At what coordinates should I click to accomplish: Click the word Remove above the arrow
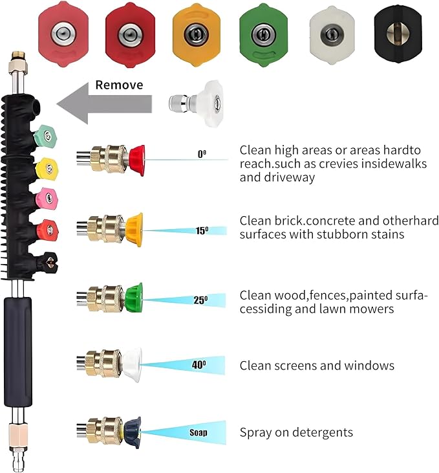point(119,85)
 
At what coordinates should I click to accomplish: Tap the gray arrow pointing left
point(104,104)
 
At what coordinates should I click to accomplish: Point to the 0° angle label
point(202,154)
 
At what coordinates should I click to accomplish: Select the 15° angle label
point(202,231)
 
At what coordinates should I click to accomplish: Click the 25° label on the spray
point(200,300)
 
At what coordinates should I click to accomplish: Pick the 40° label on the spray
point(199,365)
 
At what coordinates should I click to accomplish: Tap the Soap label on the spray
point(198,433)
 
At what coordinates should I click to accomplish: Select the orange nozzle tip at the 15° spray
point(134,230)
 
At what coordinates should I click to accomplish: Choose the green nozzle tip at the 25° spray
point(134,298)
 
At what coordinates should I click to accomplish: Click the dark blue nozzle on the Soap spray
point(132,432)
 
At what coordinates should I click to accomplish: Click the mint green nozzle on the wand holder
point(45,135)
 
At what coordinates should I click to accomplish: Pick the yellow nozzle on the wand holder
point(47,169)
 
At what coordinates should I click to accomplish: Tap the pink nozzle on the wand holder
point(47,199)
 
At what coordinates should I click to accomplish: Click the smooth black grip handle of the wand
point(18,352)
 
